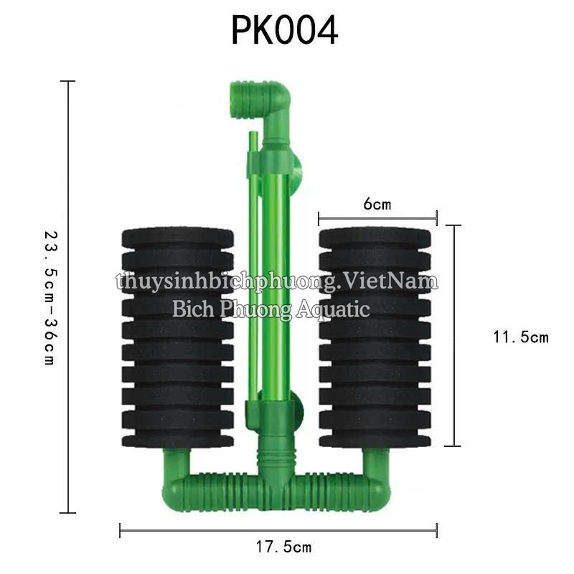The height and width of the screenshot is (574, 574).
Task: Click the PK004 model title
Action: click(284, 31)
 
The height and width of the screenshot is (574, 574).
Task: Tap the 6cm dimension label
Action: click(377, 204)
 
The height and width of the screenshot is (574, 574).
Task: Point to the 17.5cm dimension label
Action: click(283, 547)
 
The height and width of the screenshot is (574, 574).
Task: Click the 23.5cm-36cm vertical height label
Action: click(49, 298)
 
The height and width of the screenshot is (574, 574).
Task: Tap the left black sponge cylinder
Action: click(177, 337)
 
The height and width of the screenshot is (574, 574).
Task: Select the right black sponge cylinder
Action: click(376, 337)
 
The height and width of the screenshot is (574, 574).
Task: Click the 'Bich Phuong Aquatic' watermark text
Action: click(271, 309)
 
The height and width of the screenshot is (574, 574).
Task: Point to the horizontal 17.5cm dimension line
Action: click(278, 531)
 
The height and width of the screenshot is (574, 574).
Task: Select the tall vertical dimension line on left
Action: click(67, 297)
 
